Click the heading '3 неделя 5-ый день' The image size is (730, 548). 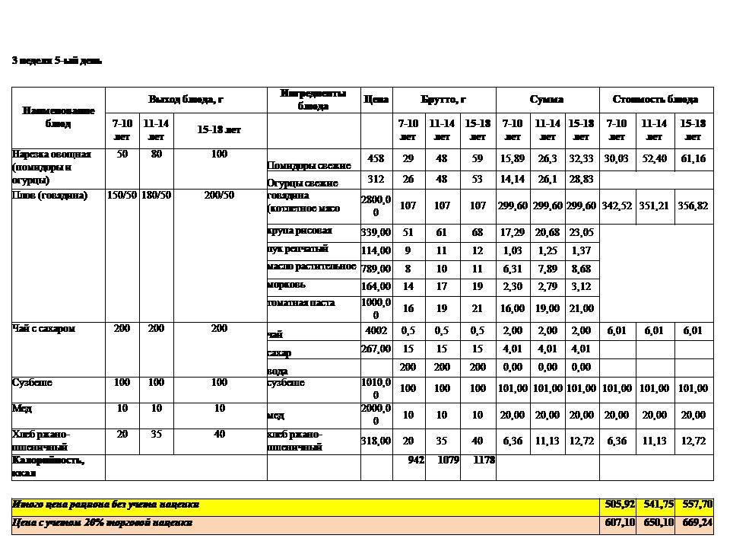[56, 60]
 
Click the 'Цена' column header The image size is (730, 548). [376, 100]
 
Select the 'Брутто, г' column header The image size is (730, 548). [443, 100]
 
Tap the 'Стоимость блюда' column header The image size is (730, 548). [655, 100]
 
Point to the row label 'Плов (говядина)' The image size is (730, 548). [50, 196]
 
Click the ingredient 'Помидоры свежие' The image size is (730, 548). [309, 165]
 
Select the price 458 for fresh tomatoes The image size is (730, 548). [376, 159]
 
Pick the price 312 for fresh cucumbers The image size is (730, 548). [376, 180]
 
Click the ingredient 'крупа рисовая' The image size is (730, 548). [300, 231]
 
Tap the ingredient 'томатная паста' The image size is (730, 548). [302, 303]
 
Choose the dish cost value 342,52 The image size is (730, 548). [617, 206]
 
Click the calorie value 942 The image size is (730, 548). [416, 460]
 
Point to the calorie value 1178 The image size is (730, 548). [484, 460]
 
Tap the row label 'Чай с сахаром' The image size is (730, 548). [43, 328]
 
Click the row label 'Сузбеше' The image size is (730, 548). [32, 382]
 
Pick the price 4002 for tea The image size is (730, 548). [376, 331]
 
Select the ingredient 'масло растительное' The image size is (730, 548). [312, 266]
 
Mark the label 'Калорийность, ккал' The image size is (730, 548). [47, 467]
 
